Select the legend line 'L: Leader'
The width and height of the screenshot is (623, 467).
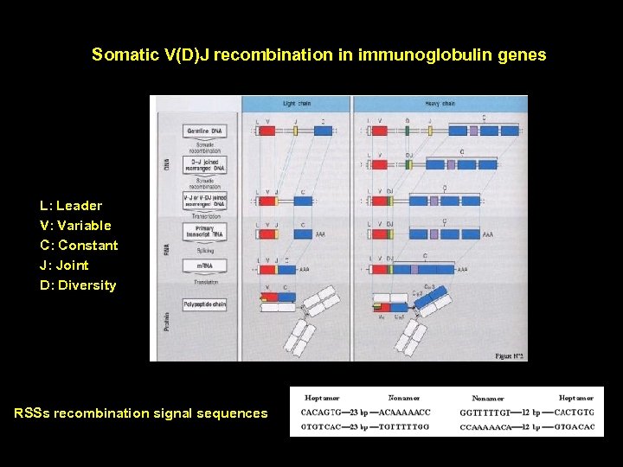71,206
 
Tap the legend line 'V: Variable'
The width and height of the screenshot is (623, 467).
75,226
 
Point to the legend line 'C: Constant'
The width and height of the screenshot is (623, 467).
79,246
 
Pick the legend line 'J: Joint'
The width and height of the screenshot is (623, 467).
64,265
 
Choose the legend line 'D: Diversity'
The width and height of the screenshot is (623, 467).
78,285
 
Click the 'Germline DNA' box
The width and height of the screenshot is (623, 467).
205,131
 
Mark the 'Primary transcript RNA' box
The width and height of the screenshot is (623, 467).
205,233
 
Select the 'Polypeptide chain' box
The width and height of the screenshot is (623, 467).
205,304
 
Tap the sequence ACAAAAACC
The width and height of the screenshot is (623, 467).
405,412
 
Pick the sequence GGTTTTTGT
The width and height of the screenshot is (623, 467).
485,413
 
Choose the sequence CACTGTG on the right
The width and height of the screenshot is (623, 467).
574,412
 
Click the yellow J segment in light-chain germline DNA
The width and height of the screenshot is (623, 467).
295,131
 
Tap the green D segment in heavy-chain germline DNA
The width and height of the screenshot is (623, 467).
408,131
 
